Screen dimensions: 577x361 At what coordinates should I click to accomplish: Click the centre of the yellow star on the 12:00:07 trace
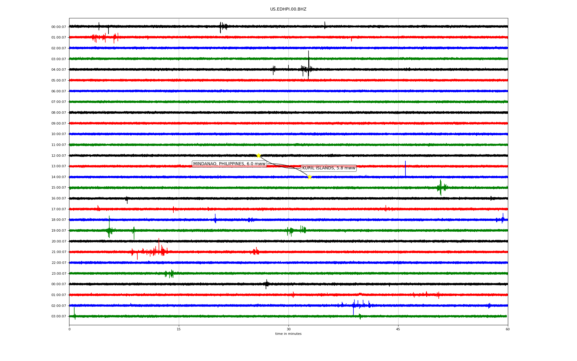pyautogui.click(x=258, y=156)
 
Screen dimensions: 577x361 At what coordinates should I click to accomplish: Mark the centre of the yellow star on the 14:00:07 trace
pyautogui.click(x=310, y=177)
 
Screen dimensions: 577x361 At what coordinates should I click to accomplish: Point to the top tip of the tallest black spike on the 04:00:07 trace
pyautogui.click(x=308, y=51)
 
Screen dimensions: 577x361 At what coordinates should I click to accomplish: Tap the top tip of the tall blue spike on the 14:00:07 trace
pyautogui.click(x=405, y=161)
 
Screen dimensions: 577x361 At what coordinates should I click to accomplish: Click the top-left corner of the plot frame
pyautogui.click(x=69, y=18)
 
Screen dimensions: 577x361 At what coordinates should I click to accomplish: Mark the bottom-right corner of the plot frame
pyautogui.click(x=508, y=325)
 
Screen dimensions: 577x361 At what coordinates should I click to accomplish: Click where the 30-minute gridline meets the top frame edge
pyautogui.click(x=288, y=18)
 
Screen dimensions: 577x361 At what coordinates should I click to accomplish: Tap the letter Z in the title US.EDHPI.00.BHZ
pyautogui.click(x=305, y=9)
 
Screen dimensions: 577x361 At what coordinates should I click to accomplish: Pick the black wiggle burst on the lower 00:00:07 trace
pyautogui.click(x=266, y=284)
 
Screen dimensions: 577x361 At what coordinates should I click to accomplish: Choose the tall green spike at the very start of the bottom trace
pyautogui.click(x=74, y=313)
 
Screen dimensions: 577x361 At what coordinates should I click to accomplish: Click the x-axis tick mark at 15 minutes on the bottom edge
pyautogui.click(x=179, y=326)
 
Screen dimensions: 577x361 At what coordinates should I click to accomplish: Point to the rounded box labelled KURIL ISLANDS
pyautogui.click(x=328, y=168)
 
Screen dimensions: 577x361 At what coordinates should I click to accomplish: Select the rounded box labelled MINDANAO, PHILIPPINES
pyautogui.click(x=229, y=164)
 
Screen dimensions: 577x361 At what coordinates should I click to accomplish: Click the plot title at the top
pyautogui.click(x=288, y=9)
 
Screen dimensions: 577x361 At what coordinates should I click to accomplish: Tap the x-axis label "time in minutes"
pyautogui.click(x=288, y=334)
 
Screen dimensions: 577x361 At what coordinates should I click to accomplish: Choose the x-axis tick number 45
pyautogui.click(x=398, y=329)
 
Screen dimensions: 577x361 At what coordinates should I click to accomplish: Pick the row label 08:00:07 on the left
pyautogui.click(x=59, y=113)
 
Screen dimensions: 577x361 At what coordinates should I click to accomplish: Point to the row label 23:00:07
pyautogui.click(x=59, y=273)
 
